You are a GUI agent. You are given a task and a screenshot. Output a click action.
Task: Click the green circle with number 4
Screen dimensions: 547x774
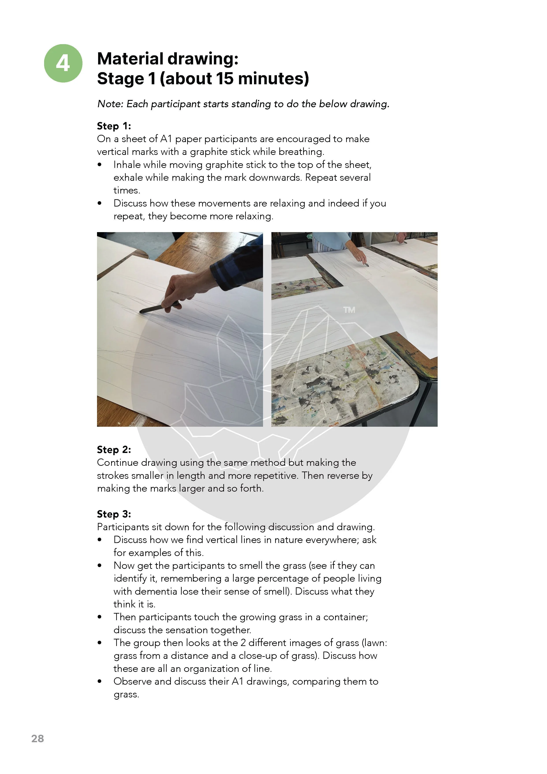coord(63,63)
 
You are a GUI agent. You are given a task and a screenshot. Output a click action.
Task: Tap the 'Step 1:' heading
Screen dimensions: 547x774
coord(114,126)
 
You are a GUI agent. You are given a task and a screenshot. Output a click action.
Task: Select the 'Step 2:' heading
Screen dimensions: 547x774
coord(114,450)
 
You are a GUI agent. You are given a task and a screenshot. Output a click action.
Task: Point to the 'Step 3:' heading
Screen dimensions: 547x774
coord(114,514)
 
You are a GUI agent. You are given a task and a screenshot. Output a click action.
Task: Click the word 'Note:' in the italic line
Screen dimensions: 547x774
coord(110,104)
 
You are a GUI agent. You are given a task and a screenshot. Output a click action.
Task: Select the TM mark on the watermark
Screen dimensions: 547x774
coord(349,310)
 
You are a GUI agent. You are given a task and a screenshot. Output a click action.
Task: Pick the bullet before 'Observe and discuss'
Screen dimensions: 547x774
coord(99,682)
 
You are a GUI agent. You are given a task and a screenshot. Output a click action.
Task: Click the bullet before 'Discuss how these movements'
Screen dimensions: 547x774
coord(99,203)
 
